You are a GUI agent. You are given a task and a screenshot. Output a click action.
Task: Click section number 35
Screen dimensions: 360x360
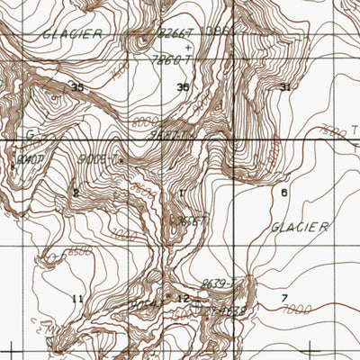tap(77, 87)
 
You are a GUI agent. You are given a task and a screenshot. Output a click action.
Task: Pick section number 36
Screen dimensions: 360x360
tap(183, 87)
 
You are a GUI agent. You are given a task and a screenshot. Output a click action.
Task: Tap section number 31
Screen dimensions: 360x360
tap(286, 87)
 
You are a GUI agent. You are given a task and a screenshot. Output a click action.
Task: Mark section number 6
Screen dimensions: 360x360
tap(284, 193)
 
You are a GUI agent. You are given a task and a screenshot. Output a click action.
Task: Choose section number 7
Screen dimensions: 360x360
tap(284, 298)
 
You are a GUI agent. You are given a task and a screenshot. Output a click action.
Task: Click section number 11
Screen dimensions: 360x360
tap(77, 298)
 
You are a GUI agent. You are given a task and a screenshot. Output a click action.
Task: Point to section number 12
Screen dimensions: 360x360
tap(183, 298)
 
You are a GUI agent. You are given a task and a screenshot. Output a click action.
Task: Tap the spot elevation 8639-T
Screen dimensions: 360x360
tap(218, 283)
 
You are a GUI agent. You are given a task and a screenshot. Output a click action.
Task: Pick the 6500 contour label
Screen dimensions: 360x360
tap(52, 255)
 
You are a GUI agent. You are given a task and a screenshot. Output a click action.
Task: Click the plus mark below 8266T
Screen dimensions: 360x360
tap(188, 46)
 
